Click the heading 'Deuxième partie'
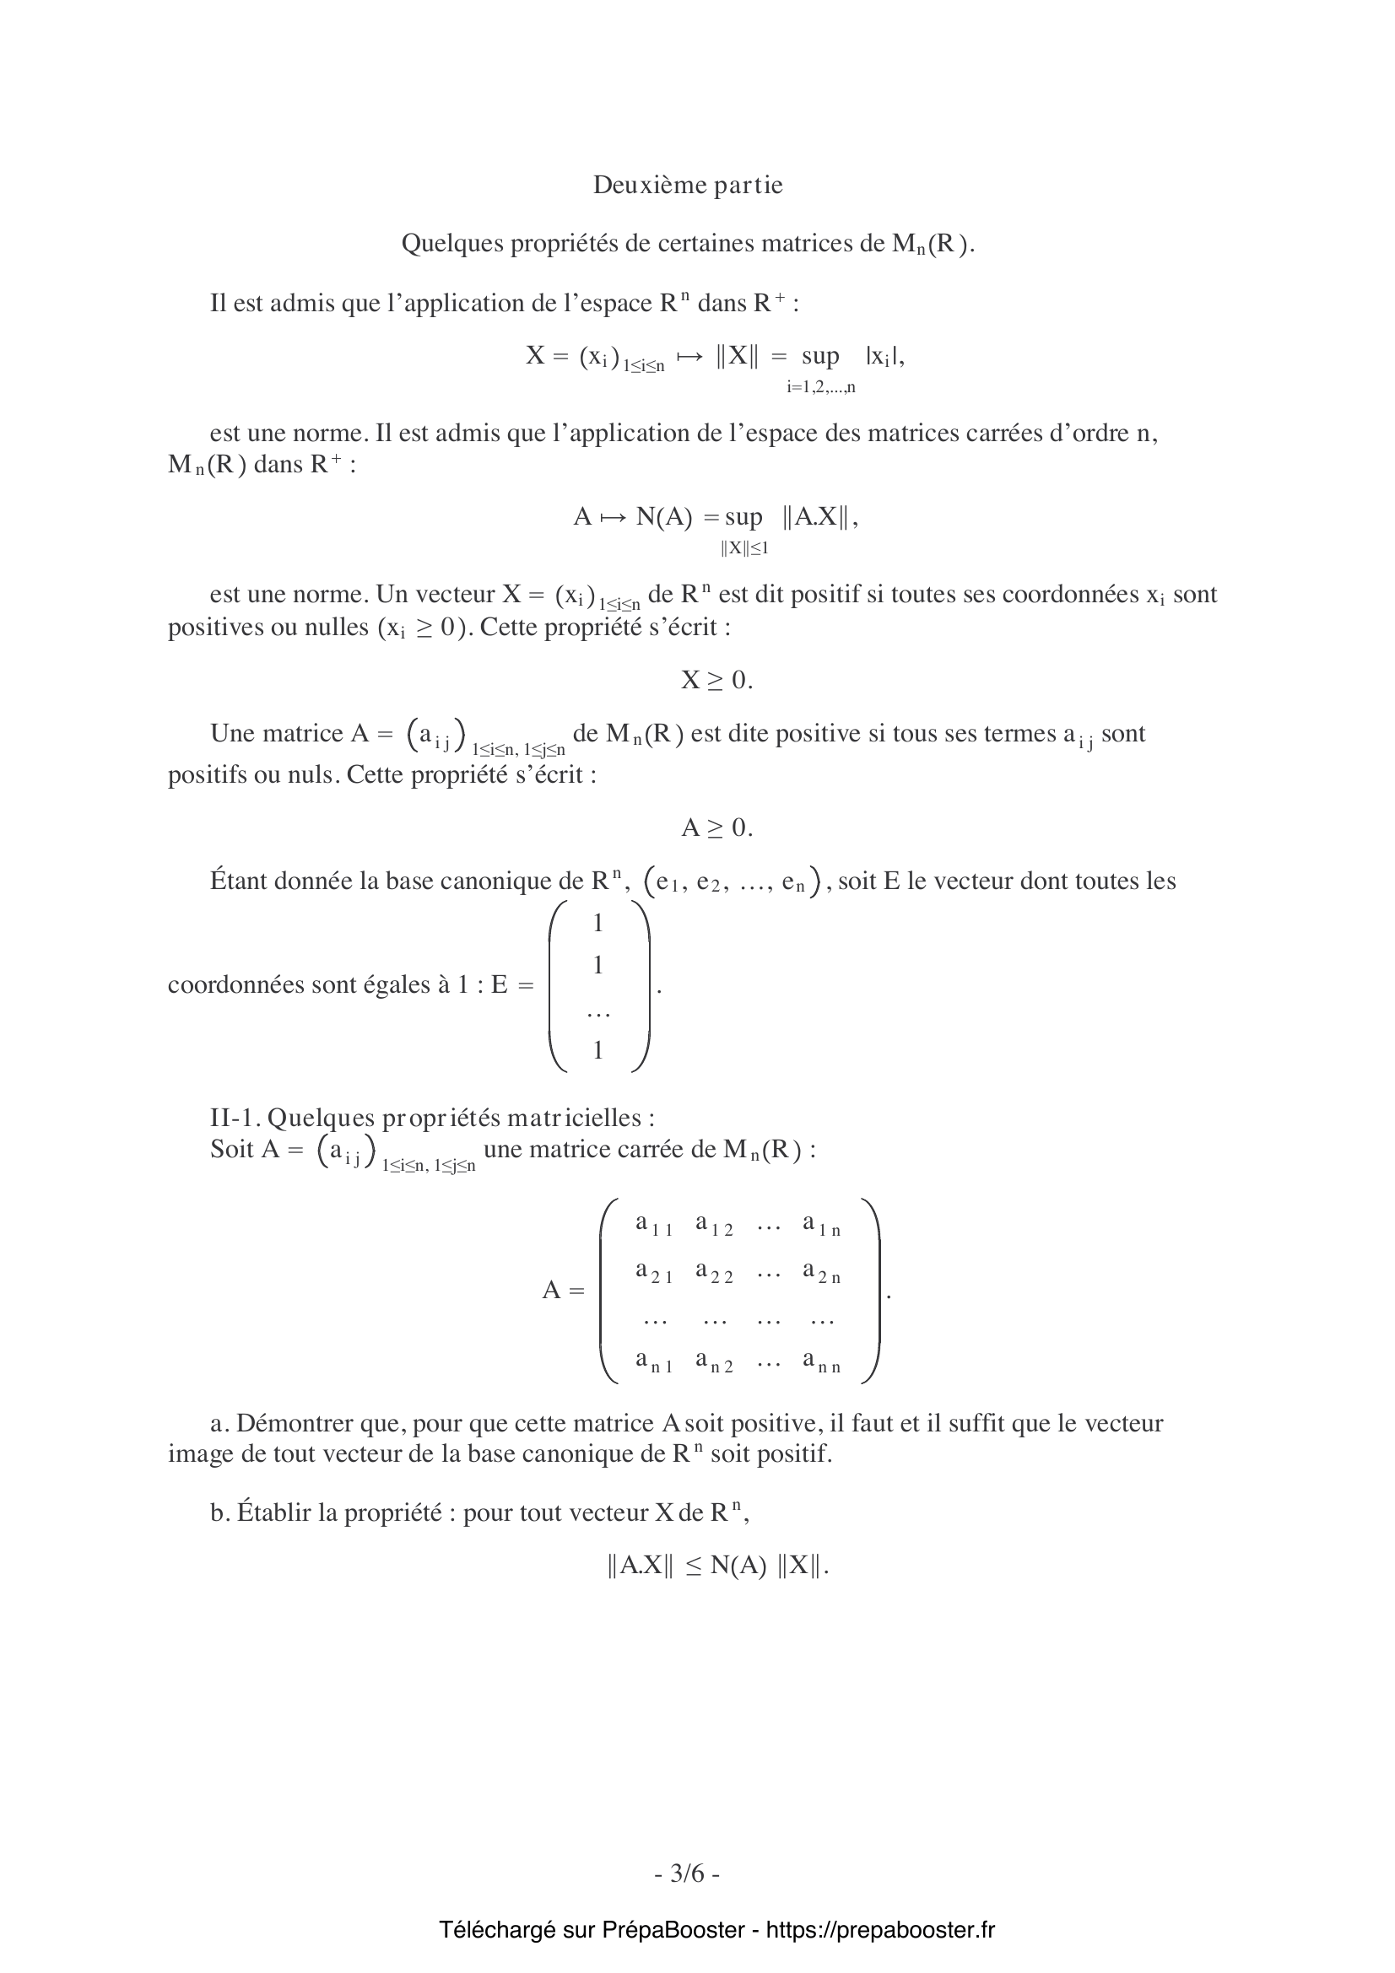688,186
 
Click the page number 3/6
688,1872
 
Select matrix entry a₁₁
653,1225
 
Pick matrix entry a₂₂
713,1273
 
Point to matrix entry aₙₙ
822,1362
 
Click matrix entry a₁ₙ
822,1225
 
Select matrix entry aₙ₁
653,1362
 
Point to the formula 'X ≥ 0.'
716,681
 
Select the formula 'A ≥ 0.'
716,828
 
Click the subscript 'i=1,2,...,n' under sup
821,387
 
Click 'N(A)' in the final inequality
738,1566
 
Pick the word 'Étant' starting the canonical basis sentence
238,881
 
